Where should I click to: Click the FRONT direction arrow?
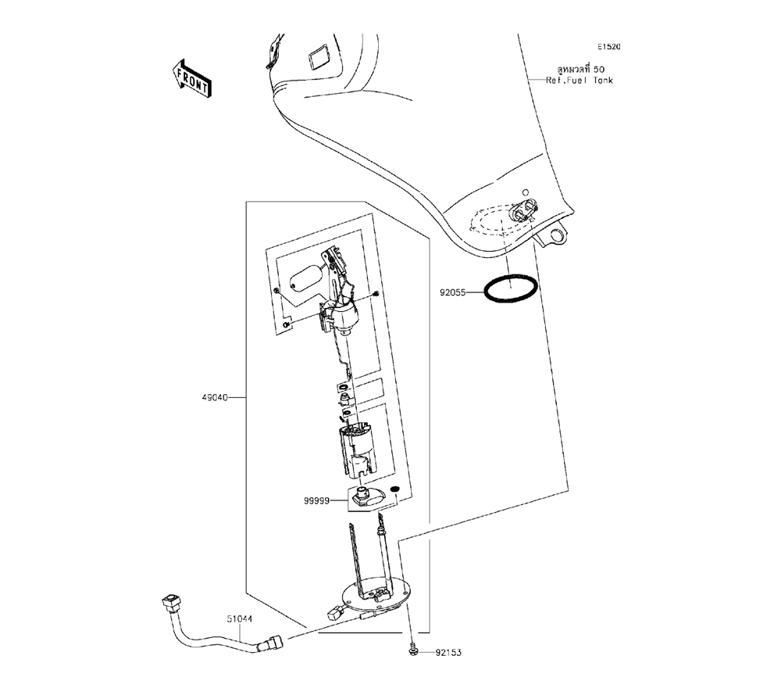pyautogui.click(x=191, y=78)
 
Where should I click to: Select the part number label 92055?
pyautogui.click(x=452, y=292)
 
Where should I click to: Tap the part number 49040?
pyautogui.click(x=214, y=397)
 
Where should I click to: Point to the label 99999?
pyautogui.click(x=318, y=500)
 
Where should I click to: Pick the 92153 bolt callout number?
pyautogui.click(x=448, y=650)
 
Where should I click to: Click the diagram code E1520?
pyautogui.click(x=609, y=47)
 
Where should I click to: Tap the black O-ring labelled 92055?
pyautogui.click(x=511, y=288)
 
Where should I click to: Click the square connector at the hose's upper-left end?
pyautogui.click(x=170, y=602)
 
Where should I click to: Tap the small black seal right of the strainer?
pyautogui.click(x=395, y=490)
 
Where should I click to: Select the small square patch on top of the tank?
pyautogui.click(x=319, y=58)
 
